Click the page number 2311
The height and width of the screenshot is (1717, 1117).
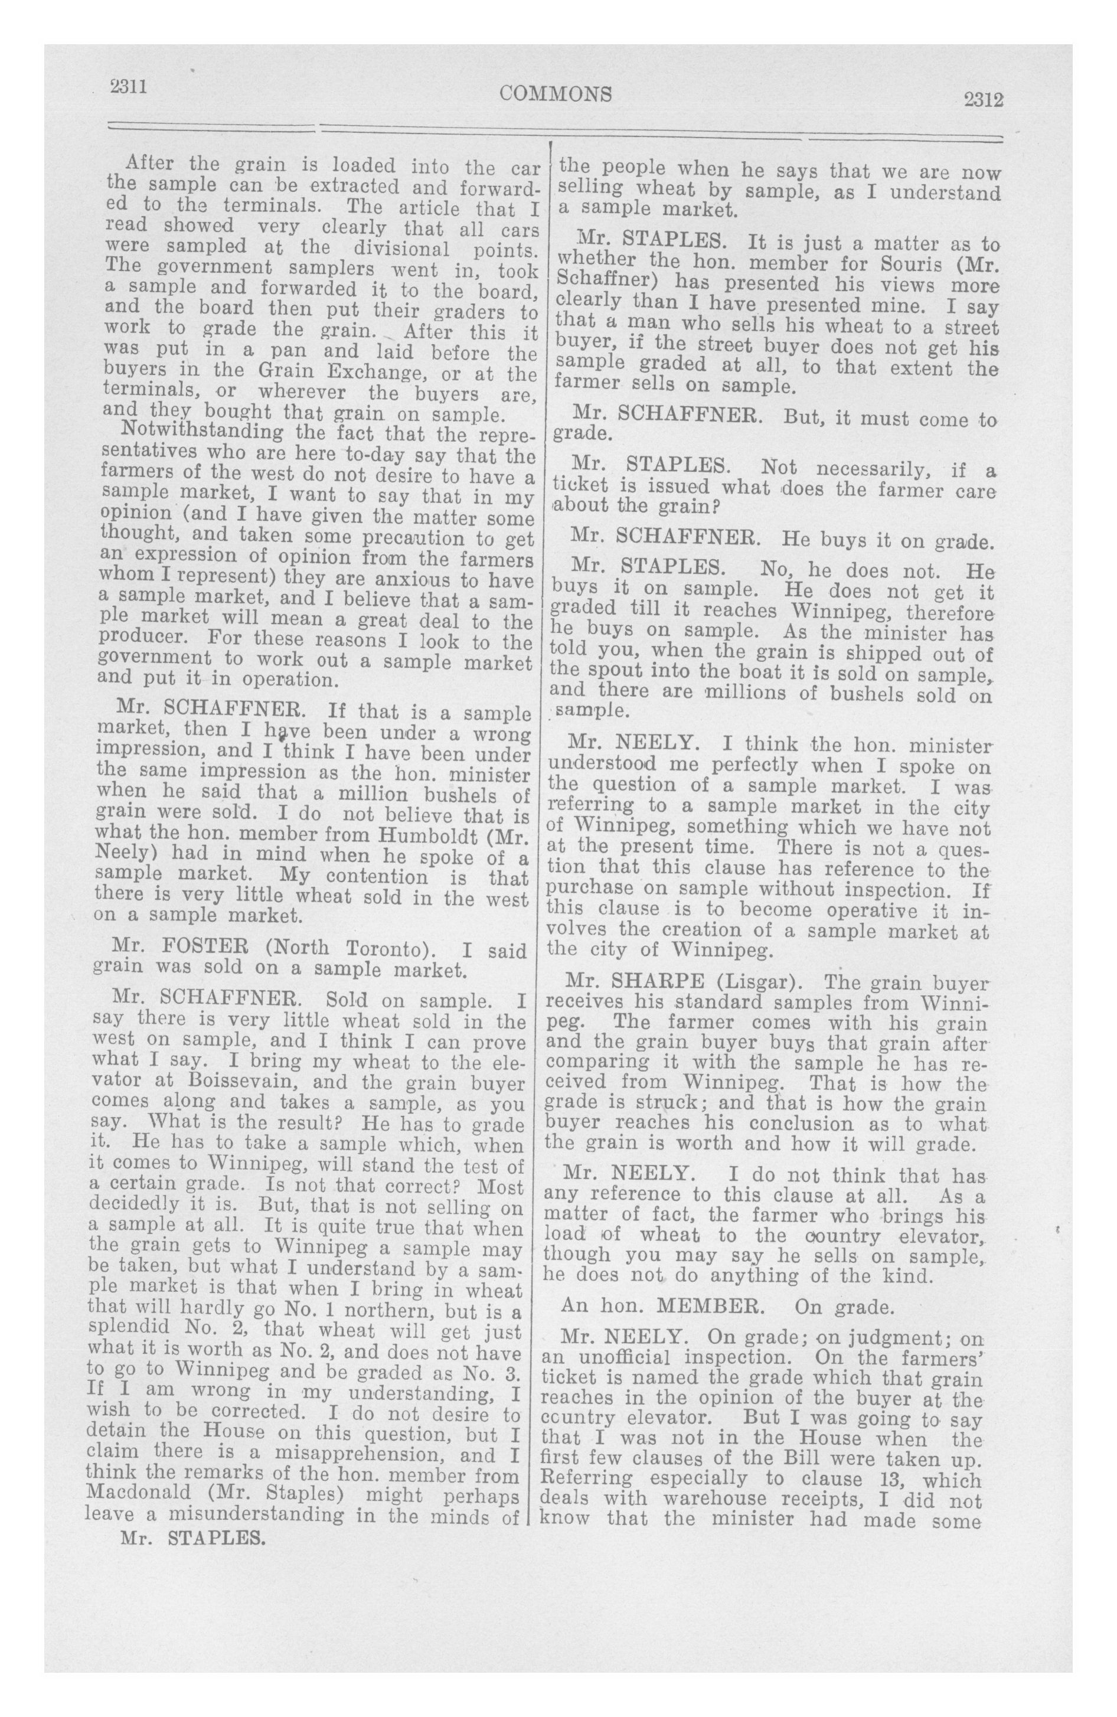(129, 87)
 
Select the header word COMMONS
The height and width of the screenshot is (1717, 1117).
(555, 93)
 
